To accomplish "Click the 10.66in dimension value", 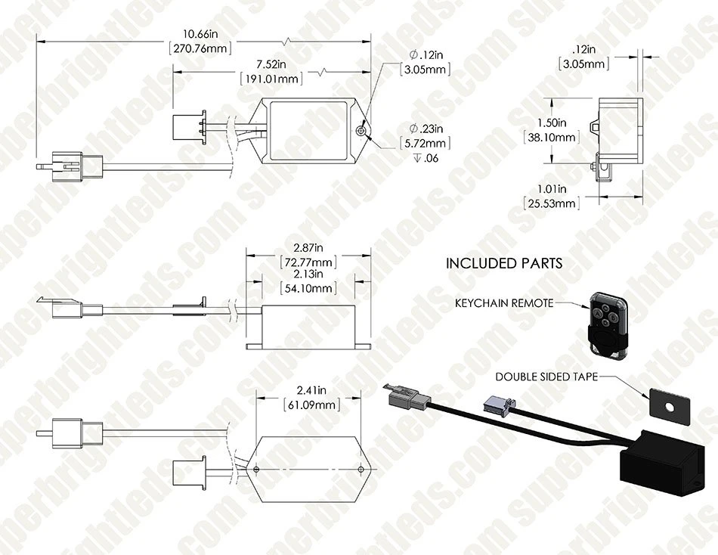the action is (x=200, y=34).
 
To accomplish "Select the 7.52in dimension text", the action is (x=271, y=64).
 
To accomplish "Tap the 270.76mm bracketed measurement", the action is (x=200, y=48).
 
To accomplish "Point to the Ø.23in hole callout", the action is (x=426, y=129).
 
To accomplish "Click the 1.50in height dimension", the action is (x=552, y=122).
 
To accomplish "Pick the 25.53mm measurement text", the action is (x=552, y=203).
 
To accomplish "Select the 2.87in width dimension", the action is (x=308, y=248).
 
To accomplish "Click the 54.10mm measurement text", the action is (x=308, y=288).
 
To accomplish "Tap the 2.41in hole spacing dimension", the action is (x=311, y=390).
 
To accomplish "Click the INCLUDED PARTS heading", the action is (x=503, y=264).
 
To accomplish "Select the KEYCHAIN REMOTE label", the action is (x=504, y=303).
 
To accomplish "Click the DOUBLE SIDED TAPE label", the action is (x=546, y=377).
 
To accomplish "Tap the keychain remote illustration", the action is (x=607, y=323).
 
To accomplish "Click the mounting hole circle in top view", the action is (x=362, y=132).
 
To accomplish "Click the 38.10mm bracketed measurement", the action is (x=552, y=137).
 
